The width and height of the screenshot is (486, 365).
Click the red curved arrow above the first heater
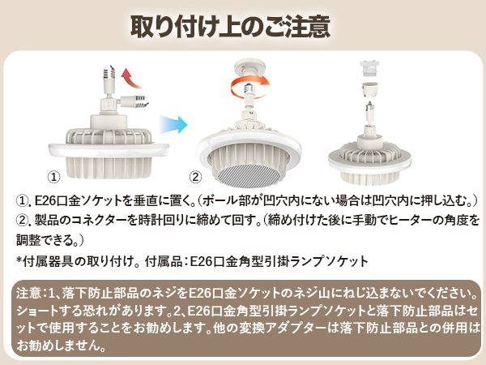tap(127, 79)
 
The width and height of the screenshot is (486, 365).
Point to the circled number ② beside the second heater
tap(195, 176)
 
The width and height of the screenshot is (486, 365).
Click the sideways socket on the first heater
tap(139, 103)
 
